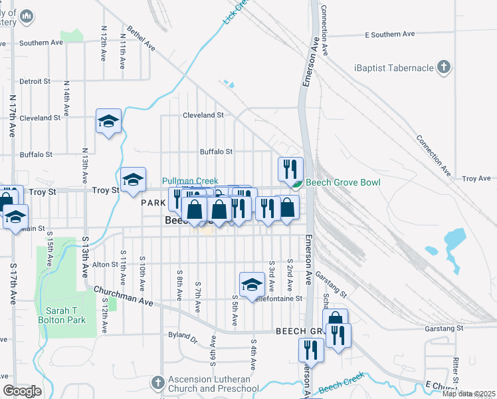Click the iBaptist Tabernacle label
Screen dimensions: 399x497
click(x=393, y=67)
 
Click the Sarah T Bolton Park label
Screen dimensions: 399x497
click(x=66, y=315)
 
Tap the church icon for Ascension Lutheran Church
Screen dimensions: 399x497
click(x=157, y=383)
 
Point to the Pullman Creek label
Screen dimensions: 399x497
click(x=190, y=181)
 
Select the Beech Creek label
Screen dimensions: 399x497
click(x=341, y=388)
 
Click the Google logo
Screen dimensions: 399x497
click(x=22, y=391)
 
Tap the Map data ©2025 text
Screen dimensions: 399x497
click(x=468, y=394)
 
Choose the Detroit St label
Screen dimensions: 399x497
click(x=35, y=81)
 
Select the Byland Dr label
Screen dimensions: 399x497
click(x=183, y=338)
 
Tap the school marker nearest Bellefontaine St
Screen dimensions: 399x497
click(x=252, y=284)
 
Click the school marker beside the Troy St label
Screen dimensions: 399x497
click(x=133, y=178)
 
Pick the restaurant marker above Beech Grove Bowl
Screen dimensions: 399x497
click(x=290, y=169)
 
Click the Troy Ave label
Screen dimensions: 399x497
click(x=476, y=178)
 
